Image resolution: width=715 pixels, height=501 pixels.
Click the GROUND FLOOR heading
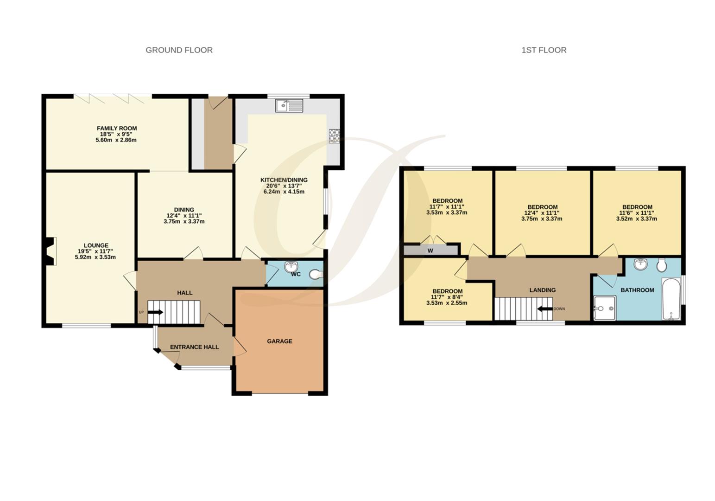(179, 50)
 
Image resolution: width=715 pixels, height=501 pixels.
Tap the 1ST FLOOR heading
(544, 50)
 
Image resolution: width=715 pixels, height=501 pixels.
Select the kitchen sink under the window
(289, 106)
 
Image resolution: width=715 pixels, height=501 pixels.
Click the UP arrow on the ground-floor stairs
(155, 312)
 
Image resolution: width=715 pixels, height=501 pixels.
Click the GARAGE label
(279, 341)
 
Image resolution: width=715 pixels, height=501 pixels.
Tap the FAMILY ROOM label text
(116, 128)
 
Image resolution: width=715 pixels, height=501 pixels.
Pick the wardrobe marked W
(430, 250)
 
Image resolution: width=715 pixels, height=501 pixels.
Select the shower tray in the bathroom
(605, 308)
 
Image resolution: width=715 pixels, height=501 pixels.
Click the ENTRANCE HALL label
(194, 347)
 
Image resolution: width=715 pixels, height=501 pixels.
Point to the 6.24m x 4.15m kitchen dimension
(284, 192)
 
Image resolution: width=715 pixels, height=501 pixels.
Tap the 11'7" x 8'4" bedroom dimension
(447, 297)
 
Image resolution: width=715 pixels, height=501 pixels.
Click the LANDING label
(542, 290)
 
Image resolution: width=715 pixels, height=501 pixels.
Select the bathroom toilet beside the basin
(661, 265)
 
